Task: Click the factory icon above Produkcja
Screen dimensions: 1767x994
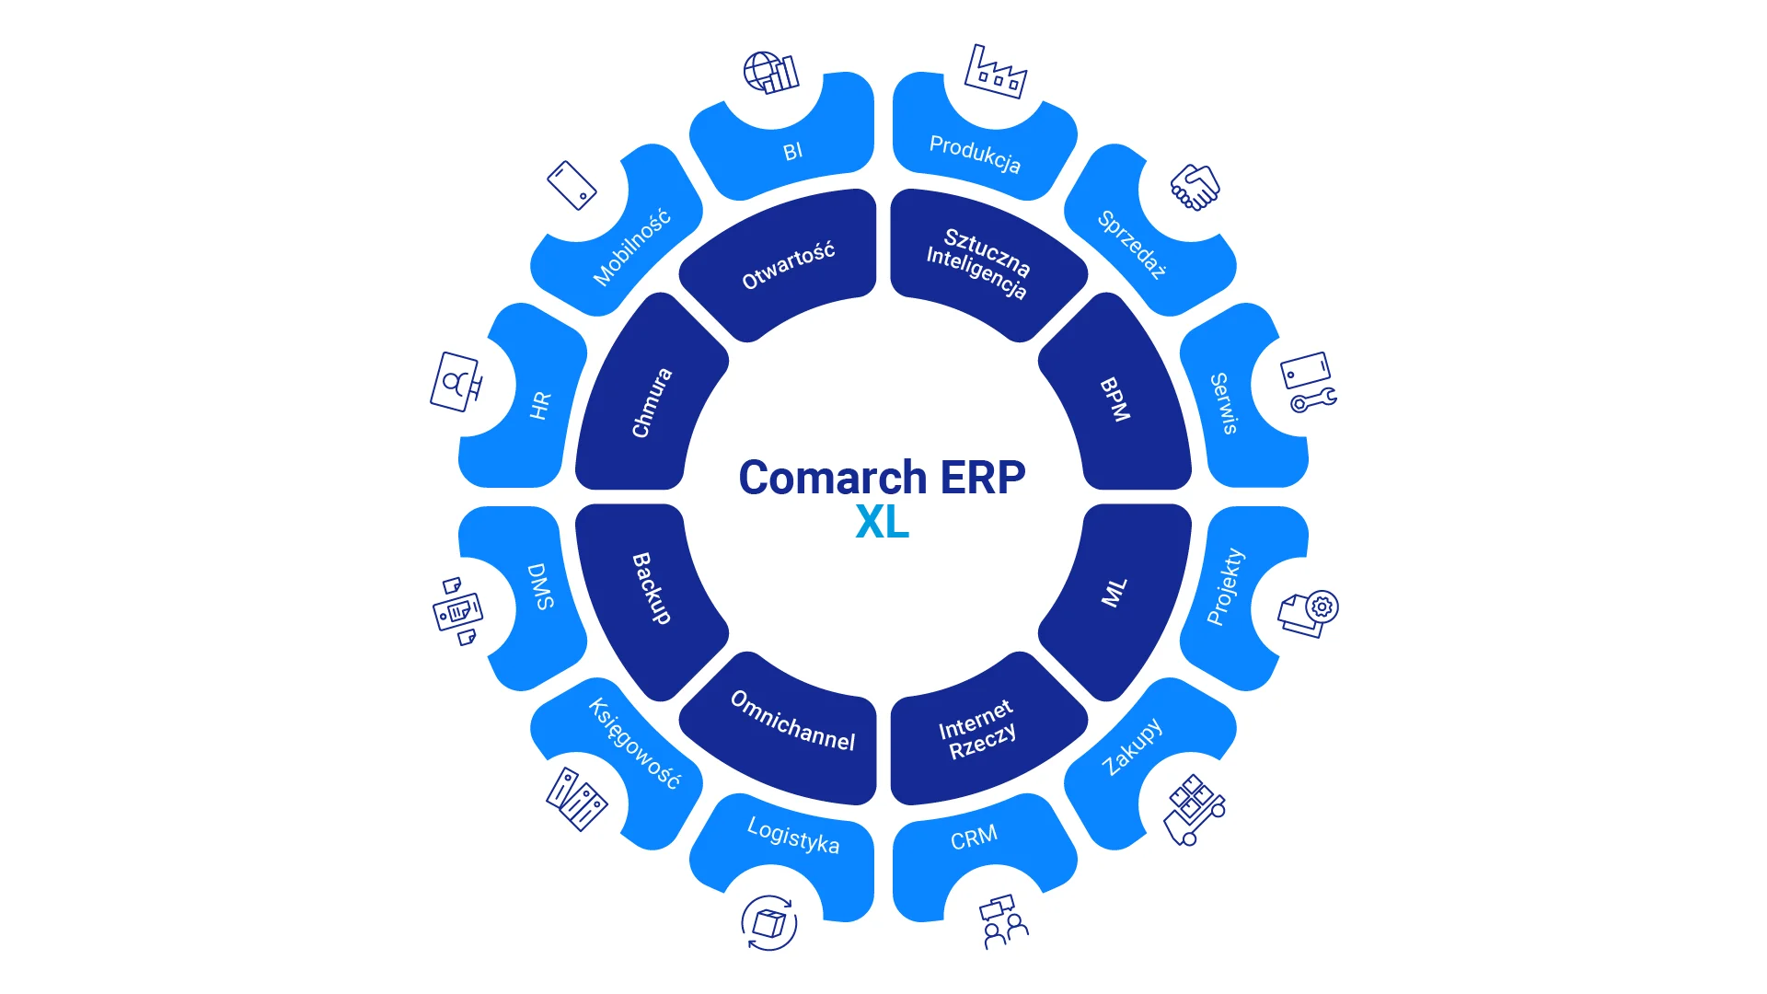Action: tap(995, 71)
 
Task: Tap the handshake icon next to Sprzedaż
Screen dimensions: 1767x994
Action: tap(1195, 187)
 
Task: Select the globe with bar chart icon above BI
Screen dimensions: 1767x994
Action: tap(770, 73)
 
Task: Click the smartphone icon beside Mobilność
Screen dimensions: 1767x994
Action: tap(572, 185)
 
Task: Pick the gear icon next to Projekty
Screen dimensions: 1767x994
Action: tap(1322, 607)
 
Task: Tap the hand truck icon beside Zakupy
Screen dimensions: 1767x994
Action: tap(1194, 810)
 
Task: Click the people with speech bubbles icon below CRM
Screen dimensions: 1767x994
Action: tap(1004, 921)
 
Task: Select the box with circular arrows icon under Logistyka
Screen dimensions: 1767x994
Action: tap(768, 923)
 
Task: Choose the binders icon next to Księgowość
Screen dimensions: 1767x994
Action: tap(576, 799)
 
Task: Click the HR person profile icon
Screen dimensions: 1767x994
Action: tap(456, 381)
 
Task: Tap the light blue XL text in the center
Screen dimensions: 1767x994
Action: tap(882, 522)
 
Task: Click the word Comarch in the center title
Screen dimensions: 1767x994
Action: tap(833, 477)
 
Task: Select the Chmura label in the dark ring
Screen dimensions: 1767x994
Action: tap(652, 403)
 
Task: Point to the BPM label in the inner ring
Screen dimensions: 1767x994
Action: tap(1114, 399)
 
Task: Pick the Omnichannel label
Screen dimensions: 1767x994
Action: tap(792, 721)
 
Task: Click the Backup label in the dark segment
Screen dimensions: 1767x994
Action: tap(652, 588)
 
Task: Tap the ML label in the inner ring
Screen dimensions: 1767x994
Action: tap(1114, 593)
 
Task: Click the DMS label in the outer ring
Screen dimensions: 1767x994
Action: tap(540, 586)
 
